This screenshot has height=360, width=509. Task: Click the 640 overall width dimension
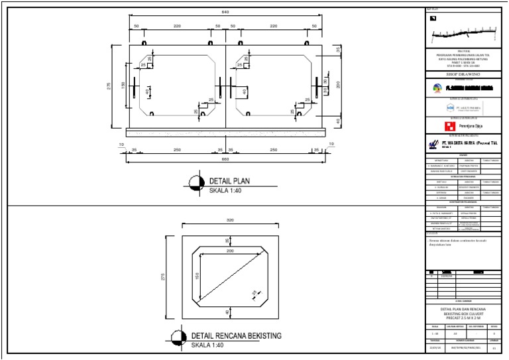coord(226,13)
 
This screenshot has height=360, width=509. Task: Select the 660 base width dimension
coord(226,159)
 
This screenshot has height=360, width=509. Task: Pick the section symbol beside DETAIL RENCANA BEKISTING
coord(178,339)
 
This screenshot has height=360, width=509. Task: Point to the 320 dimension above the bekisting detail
coord(230,220)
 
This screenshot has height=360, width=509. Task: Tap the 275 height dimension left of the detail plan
coord(109,86)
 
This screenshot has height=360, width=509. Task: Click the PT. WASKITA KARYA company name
coord(467,143)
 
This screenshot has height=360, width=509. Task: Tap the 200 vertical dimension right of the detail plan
coord(338,84)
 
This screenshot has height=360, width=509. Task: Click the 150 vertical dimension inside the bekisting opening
coord(197,274)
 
